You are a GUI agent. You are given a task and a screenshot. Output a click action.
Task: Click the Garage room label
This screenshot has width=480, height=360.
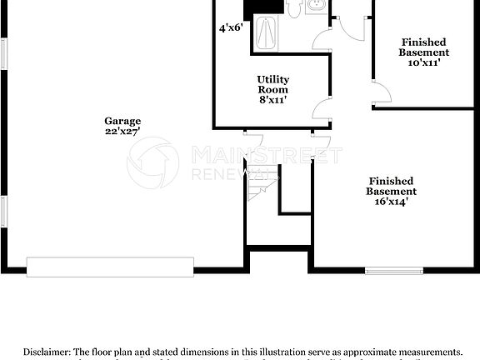[x=122, y=121]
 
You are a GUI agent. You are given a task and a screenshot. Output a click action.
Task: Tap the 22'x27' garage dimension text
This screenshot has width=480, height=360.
[x=122, y=132]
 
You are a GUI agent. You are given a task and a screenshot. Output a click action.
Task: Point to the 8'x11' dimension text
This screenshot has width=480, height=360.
[x=272, y=100]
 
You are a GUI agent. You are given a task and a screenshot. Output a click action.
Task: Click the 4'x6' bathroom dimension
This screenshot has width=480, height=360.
[x=231, y=27]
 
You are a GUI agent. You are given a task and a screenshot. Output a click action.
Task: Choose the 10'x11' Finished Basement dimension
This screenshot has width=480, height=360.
[x=423, y=62]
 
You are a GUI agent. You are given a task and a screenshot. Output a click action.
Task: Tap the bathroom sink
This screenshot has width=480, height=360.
[x=317, y=7]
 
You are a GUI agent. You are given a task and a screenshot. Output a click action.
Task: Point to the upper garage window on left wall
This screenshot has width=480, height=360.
[x=3, y=54]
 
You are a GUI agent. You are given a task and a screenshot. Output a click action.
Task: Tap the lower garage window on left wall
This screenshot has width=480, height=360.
[x=3, y=210]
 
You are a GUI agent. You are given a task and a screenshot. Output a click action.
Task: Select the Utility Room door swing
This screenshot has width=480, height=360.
[x=321, y=107]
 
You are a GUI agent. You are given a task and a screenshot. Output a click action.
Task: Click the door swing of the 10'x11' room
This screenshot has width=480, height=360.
[x=381, y=93]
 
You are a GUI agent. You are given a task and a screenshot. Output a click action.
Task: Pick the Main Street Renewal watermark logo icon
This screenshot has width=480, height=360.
[x=152, y=162]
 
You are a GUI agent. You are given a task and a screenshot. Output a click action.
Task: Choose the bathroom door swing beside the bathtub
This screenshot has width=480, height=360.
[x=322, y=39]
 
